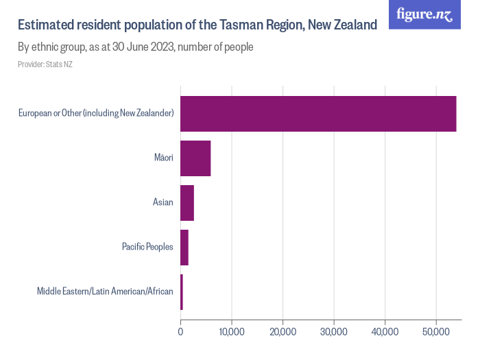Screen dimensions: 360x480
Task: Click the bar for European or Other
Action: [318, 113]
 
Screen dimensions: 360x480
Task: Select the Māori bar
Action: [195, 158]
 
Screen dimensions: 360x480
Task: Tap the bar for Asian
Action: [187, 202]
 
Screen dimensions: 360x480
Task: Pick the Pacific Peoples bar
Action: [184, 247]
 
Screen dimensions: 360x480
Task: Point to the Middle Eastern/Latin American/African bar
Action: [182, 291]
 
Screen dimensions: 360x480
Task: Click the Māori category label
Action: [163, 158]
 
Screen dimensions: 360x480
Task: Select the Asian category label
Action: [163, 202]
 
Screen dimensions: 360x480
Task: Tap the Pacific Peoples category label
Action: [147, 247]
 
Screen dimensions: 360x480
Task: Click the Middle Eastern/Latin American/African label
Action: [105, 291]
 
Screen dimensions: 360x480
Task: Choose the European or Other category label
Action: [96, 113]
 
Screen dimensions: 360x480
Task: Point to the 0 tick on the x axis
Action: [180, 332]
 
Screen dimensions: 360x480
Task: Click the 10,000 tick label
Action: [232, 332]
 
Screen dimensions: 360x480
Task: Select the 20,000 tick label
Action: [283, 332]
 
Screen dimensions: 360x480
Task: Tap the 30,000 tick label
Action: [334, 332]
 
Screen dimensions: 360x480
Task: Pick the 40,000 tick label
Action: [385, 332]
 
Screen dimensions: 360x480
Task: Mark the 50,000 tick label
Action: [436, 332]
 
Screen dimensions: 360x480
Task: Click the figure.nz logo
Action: [424, 14]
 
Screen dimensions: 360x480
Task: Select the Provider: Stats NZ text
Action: [45, 64]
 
